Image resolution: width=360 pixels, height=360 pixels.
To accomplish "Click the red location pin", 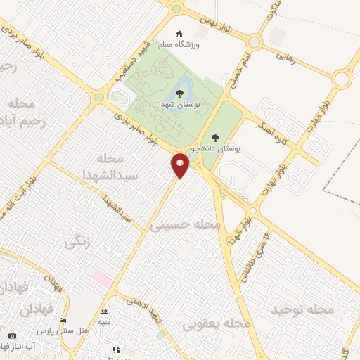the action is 181,165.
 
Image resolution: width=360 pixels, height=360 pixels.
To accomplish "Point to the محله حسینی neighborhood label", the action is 186,225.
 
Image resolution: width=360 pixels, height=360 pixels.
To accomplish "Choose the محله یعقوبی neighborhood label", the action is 217,324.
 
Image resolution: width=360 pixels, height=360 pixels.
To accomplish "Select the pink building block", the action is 103,279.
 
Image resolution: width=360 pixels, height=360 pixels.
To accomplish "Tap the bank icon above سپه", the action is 105,311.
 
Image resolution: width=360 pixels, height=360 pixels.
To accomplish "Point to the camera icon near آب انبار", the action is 12,335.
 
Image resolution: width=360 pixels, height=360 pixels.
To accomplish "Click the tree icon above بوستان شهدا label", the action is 180,93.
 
